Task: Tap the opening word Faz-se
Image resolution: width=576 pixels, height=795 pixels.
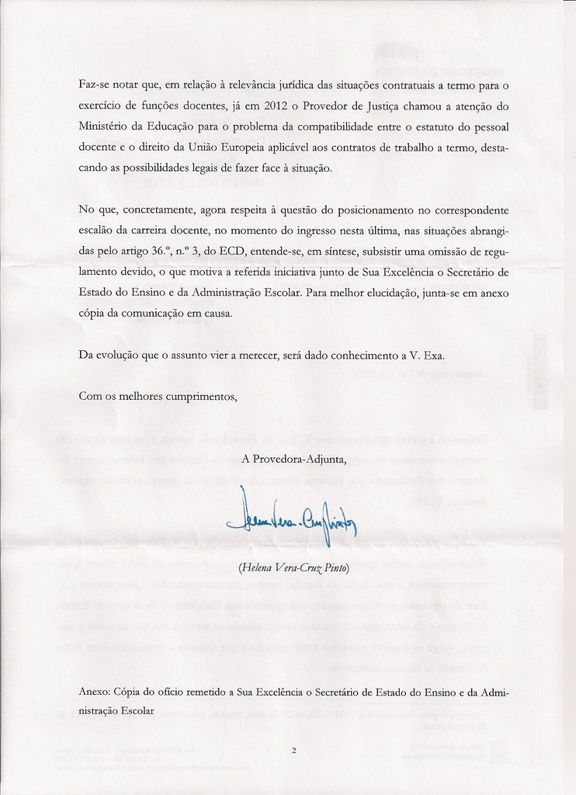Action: (x=94, y=84)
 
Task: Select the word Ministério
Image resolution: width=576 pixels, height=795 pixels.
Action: (x=103, y=126)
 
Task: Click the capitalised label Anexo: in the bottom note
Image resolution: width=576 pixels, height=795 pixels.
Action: (x=94, y=691)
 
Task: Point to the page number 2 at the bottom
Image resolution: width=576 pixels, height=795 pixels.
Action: (x=294, y=750)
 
